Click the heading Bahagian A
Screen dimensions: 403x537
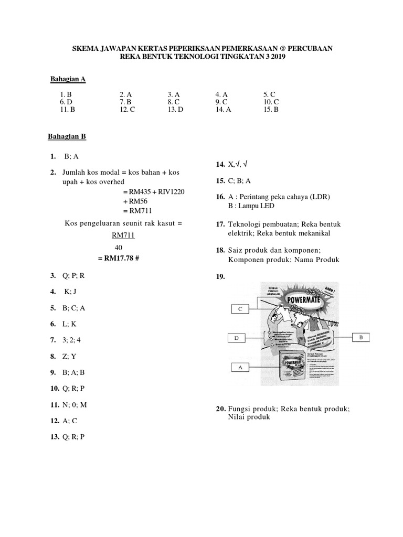[68, 79]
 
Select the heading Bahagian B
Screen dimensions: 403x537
[67, 136]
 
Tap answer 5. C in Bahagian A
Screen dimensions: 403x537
[270, 94]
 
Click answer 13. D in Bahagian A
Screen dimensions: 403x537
[175, 110]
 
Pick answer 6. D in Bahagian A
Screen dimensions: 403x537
[66, 102]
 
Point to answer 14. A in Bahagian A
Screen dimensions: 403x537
[223, 110]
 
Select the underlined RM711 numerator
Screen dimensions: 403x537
[123, 235]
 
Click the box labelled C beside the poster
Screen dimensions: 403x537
[240, 309]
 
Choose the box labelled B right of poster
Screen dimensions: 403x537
[361, 337]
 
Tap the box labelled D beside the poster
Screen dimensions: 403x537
[237, 338]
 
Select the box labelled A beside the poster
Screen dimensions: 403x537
[240, 368]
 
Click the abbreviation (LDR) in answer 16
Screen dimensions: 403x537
[319, 197]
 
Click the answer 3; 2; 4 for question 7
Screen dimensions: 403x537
[73, 340]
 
